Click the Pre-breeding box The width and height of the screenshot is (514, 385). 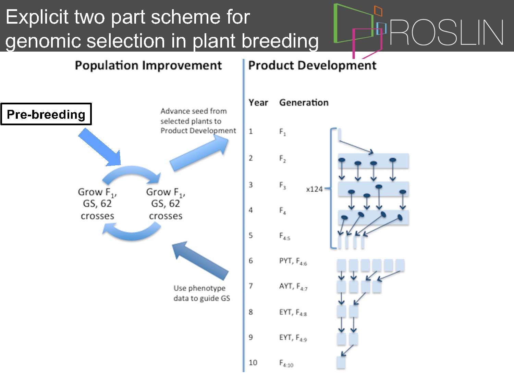pyautogui.click(x=46, y=114)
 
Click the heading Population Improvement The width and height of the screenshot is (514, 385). pyautogui.click(x=148, y=65)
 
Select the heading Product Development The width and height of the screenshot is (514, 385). pyautogui.click(x=312, y=65)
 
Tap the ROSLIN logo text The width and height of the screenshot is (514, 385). pyautogui.click(x=446, y=32)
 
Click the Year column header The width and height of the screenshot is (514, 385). pyautogui.click(x=258, y=103)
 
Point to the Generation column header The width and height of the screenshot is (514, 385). pyautogui.click(x=304, y=103)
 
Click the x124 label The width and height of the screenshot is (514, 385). pyautogui.click(x=314, y=189)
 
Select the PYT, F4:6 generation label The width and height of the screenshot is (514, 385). pyautogui.click(x=293, y=261)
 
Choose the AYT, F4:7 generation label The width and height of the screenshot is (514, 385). pyautogui.click(x=293, y=286)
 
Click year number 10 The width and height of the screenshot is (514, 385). pyautogui.click(x=253, y=362)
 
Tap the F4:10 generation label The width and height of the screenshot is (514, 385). pyautogui.click(x=286, y=363)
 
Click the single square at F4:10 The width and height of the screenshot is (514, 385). pyautogui.click(x=341, y=362)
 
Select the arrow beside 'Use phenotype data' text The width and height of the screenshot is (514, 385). pyautogui.click(x=200, y=260)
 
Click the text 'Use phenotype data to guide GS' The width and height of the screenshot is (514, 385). pyautogui.click(x=201, y=293)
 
